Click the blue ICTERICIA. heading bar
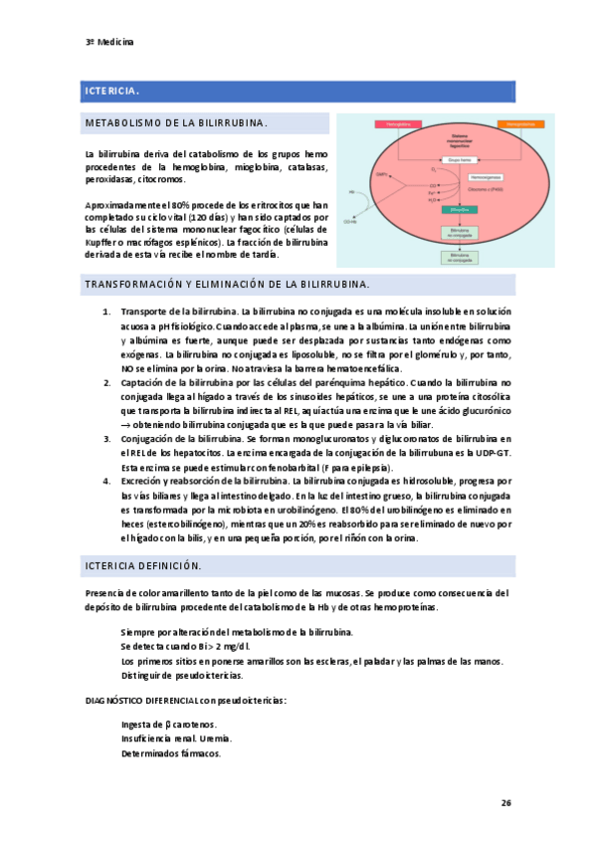[x=298, y=92]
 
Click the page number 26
[x=505, y=802]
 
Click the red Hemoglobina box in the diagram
[x=399, y=123]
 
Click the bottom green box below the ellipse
[x=458, y=256]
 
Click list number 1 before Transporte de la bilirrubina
[x=106, y=313]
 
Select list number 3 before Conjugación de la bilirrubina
[x=106, y=439]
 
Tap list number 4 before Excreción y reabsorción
[x=106, y=481]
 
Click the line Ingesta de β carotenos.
[x=169, y=724]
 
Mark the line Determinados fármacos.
[x=170, y=753]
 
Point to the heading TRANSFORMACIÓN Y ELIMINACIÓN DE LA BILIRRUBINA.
[x=228, y=285]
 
